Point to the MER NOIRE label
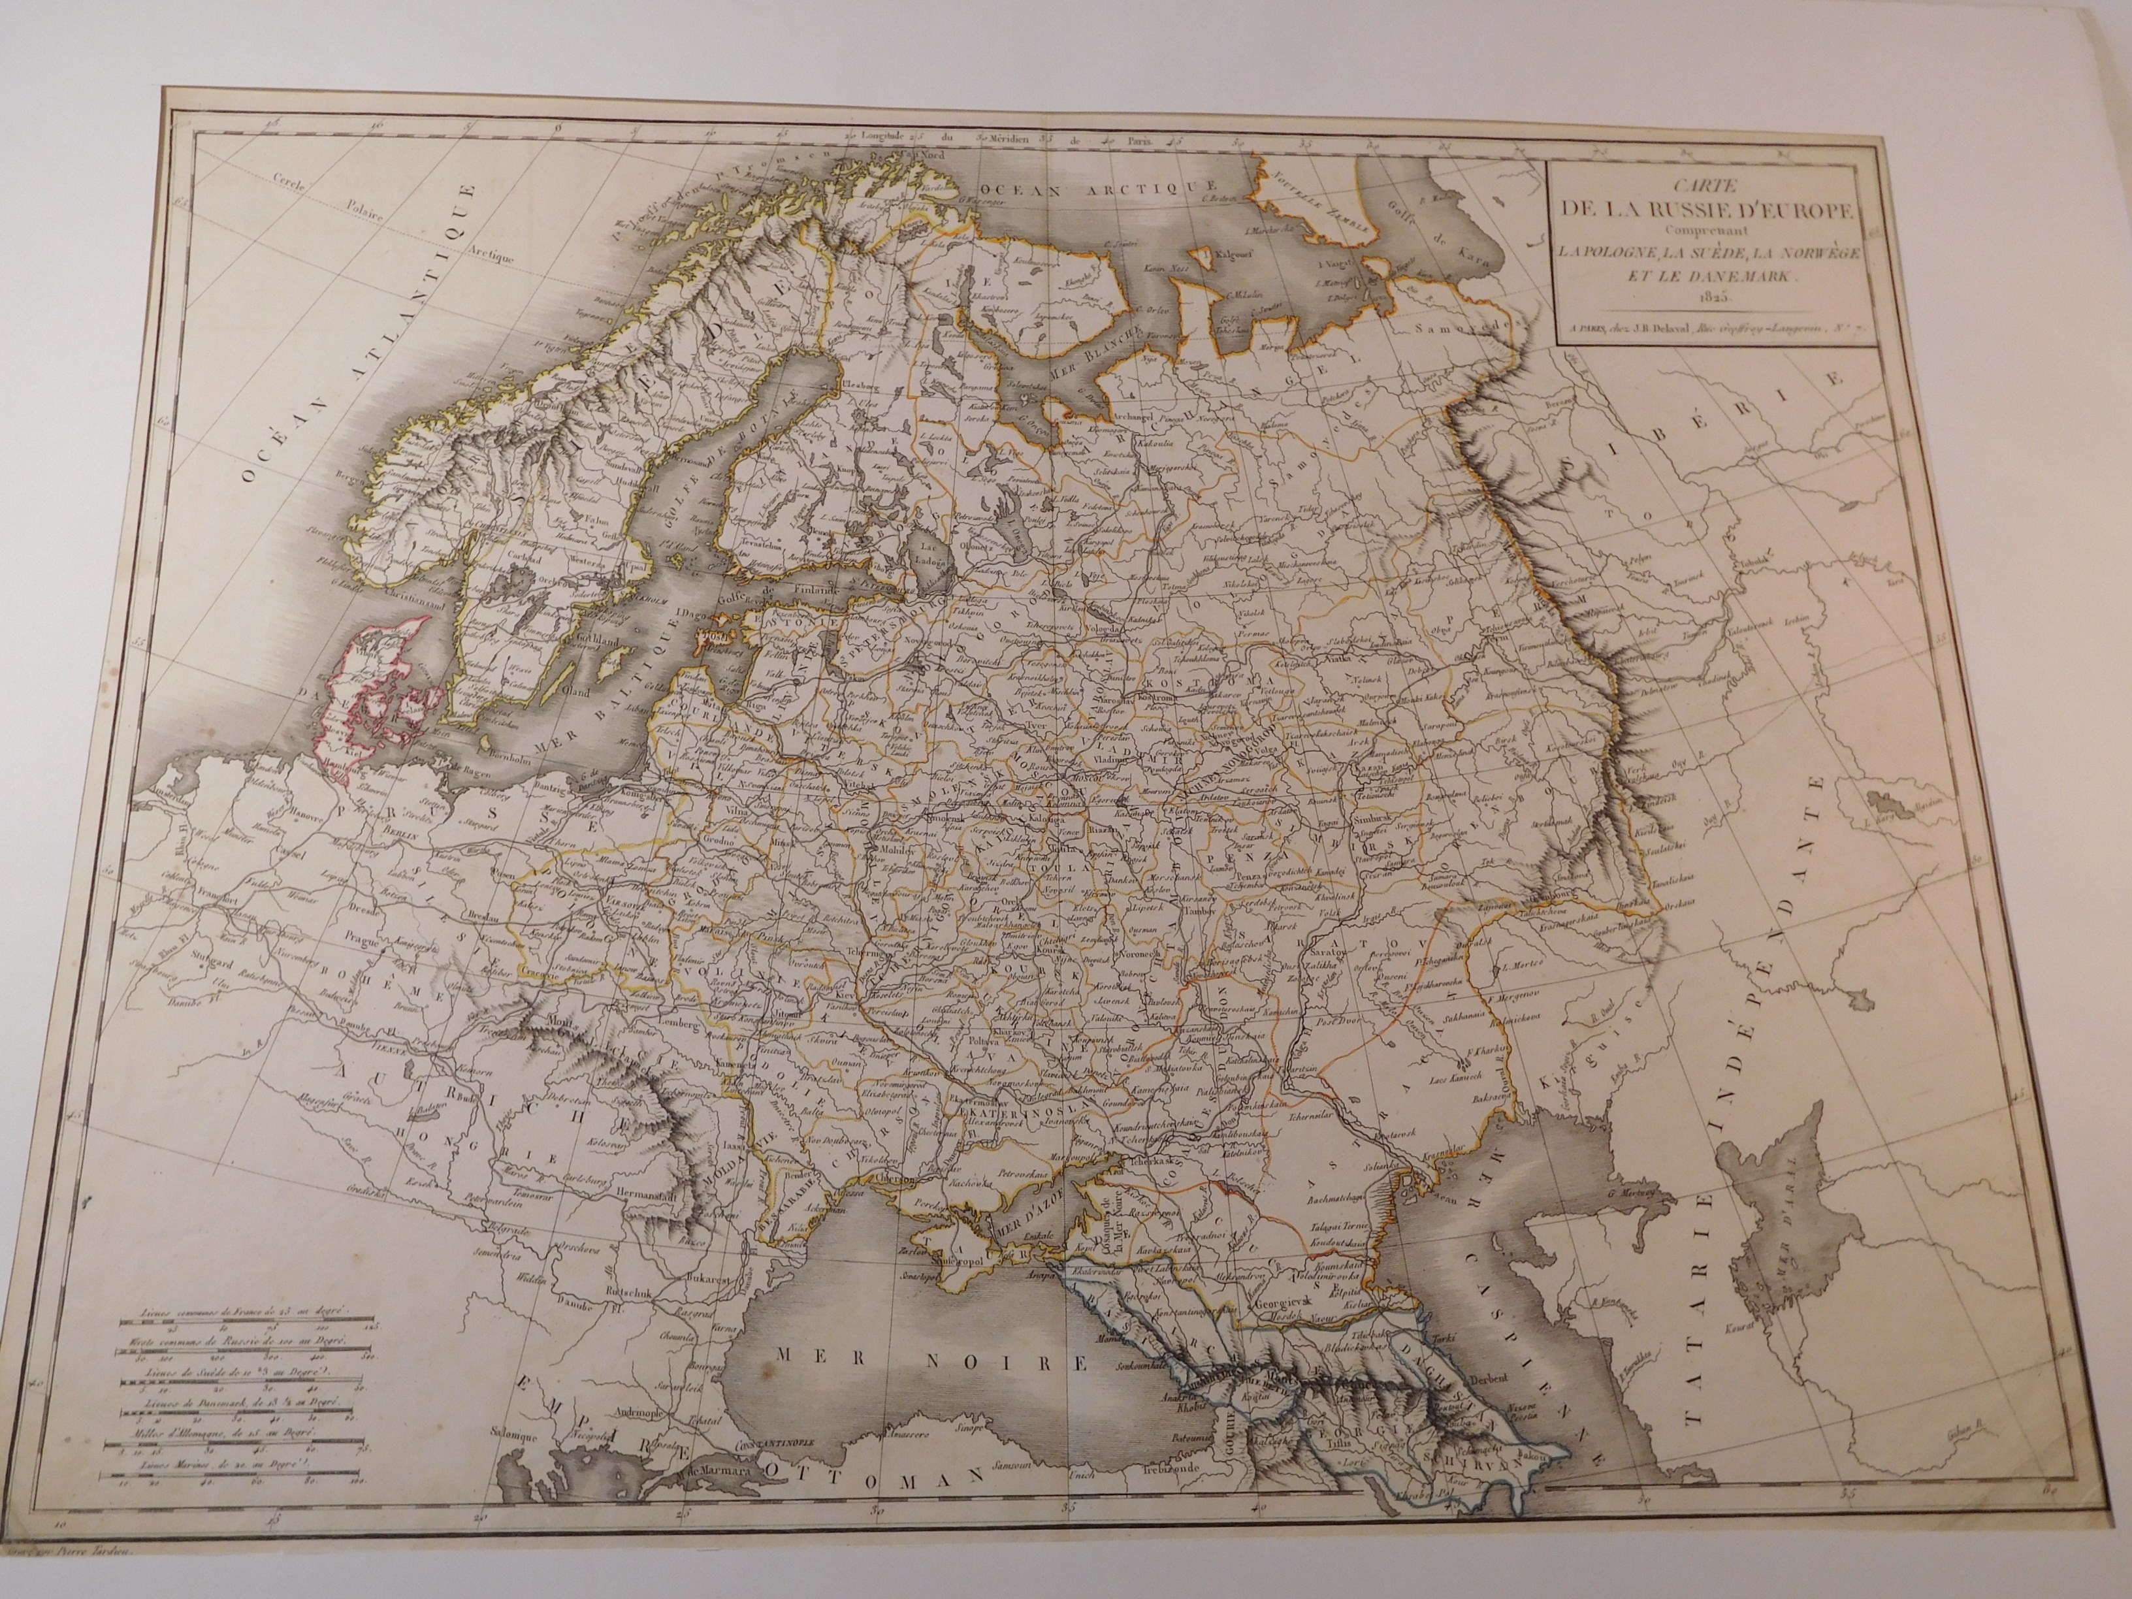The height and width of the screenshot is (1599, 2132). pyautogui.click(x=931, y=1363)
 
